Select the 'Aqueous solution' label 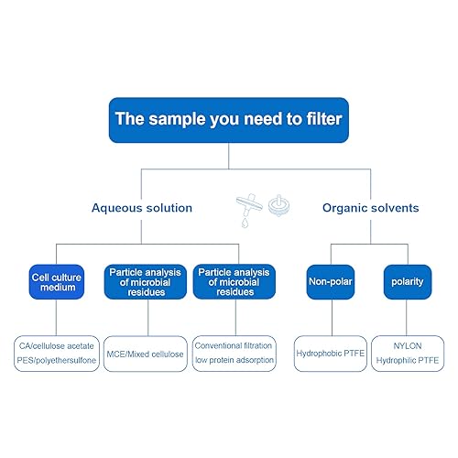(142, 208)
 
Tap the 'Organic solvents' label (370, 208)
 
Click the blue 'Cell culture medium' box (56, 281)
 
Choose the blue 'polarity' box (408, 281)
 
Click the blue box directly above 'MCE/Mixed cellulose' (145, 281)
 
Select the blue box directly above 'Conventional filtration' (234, 281)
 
